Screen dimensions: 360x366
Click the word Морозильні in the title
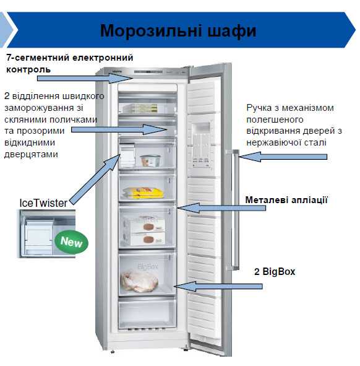pyautogui.click(x=151, y=31)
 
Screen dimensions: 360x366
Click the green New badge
pyautogui.click(x=71, y=242)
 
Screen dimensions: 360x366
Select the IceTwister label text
pyautogui.click(x=43, y=203)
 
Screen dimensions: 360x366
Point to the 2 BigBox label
pyautogui.click(x=275, y=271)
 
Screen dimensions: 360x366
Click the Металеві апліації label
pyautogui.click(x=286, y=200)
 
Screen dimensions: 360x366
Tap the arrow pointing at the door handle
pyautogui.click(x=283, y=157)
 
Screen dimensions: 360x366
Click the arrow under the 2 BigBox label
pyautogui.click(x=218, y=286)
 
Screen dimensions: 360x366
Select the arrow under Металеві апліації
pyautogui.click(x=221, y=207)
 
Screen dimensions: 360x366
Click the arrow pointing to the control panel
pyautogui.click(x=85, y=78)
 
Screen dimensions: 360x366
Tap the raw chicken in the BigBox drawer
pyautogui.click(x=139, y=281)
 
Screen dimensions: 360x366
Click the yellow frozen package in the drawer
pyautogui.click(x=143, y=193)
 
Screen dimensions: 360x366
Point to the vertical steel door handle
pyautogui.click(x=235, y=209)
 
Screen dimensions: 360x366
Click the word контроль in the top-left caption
pyautogui.click(x=28, y=69)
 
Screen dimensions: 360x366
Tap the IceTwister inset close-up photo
pyautogui.click(x=48, y=233)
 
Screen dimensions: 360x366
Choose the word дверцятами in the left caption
pyautogui.click(x=31, y=155)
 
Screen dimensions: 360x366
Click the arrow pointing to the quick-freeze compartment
pyautogui.click(x=119, y=129)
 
